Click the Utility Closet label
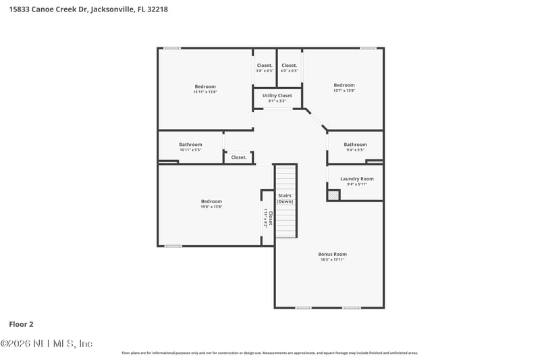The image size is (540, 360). click(x=277, y=96)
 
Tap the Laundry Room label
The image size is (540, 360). click(x=356, y=179)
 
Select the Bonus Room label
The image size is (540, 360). click(x=332, y=254)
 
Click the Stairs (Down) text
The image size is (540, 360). click(x=286, y=198)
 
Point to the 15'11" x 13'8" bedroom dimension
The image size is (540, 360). click(x=205, y=91)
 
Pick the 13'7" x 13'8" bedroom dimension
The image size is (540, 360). click(x=344, y=91)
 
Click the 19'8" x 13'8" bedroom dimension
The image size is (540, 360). click(x=211, y=207)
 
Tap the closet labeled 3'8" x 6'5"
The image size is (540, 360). click(x=265, y=71)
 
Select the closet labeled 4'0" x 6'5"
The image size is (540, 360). click(x=290, y=71)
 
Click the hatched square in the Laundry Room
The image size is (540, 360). click(x=333, y=195)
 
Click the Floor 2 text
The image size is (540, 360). click(x=22, y=324)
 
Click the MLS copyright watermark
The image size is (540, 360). click(x=47, y=344)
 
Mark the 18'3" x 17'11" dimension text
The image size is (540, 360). click(x=332, y=259)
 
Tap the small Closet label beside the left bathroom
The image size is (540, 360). click(x=238, y=157)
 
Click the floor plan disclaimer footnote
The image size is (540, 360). click(x=269, y=353)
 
